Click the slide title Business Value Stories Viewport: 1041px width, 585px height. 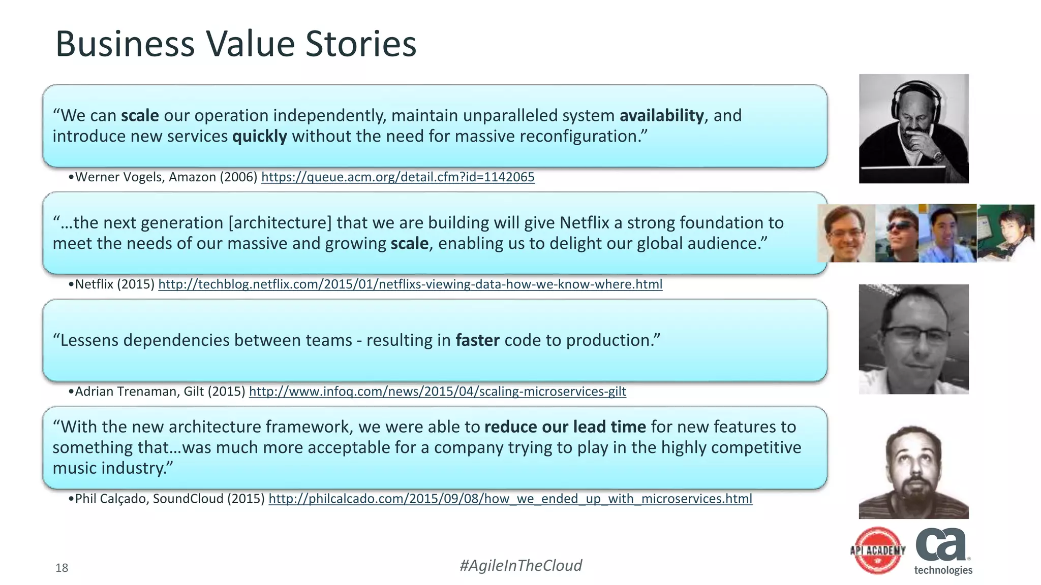click(235, 44)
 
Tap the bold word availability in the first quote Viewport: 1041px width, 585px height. click(661, 115)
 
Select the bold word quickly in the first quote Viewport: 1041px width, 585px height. click(259, 136)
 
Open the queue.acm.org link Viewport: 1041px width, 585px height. click(397, 177)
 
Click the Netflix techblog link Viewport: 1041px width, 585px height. click(410, 284)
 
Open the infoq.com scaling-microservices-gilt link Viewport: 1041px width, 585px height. click(437, 392)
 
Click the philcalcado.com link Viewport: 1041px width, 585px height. click(510, 499)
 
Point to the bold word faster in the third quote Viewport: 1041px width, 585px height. click(477, 340)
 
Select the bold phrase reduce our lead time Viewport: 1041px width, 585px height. click(565, 427)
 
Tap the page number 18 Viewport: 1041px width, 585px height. click(62, 568)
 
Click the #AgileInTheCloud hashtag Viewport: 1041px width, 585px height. click(520, 565)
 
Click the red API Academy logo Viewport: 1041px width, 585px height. click(877, 550)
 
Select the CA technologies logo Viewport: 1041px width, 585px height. click(943, 551)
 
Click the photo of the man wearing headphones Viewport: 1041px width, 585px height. click(913, 128)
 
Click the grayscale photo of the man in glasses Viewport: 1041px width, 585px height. click(913, 339)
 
